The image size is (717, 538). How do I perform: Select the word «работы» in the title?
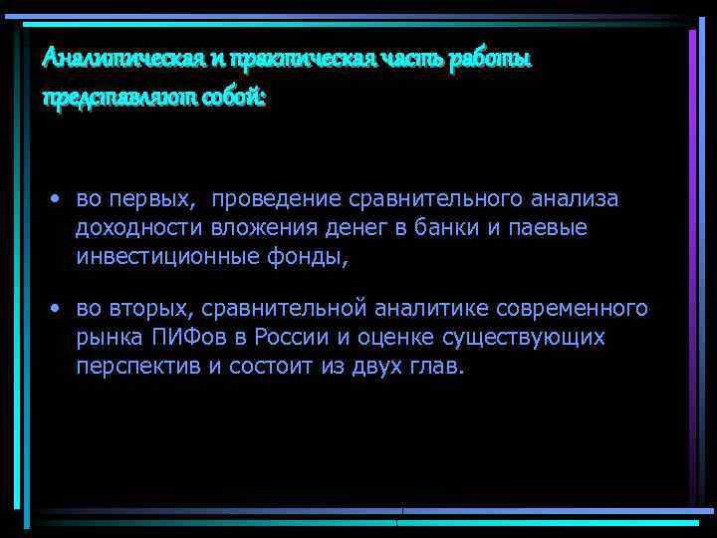pyautogui.click(x=491, y=59)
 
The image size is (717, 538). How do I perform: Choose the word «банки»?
pyautogui.click(x=446, y=228)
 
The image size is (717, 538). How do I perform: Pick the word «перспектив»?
pyautogui.click(x=138, y=366)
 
